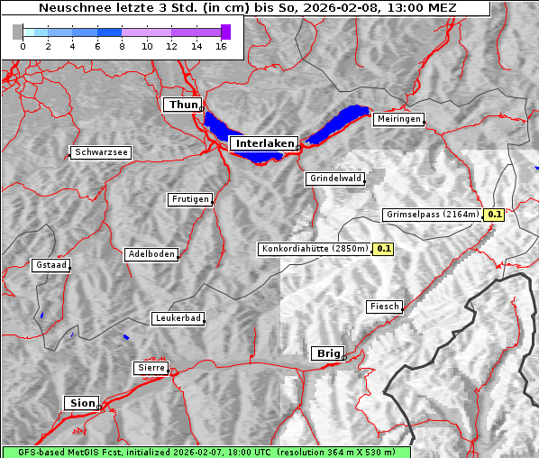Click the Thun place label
(183, 105)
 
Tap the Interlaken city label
(264, 143)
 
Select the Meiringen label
(397, 119)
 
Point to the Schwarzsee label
(101, 152)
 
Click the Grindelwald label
(335, 179)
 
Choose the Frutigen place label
(189, 199)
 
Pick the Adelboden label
(151, 254)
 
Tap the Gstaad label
(50, 265)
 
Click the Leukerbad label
(177, 318)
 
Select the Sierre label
(151, 368)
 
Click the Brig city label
(326, 353)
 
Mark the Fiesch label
(384, 307)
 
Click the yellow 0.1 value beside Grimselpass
(494, 215)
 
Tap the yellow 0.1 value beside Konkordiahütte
(384, 248)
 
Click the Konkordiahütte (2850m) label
(315, 248)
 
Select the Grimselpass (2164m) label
(432, 215)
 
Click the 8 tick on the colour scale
(122, 45)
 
